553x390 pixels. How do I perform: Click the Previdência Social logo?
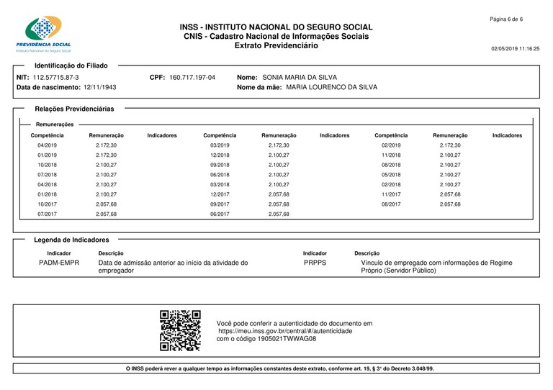click(x=48, y=34)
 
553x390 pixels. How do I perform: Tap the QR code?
click(x=180, y=330)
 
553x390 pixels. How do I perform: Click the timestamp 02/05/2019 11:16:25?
click(x=515, y=48)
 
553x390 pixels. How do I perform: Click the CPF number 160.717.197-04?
click(x=192, y=76)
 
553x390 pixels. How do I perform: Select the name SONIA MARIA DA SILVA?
click(x=300, y=76)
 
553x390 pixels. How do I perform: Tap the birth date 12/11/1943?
click(x=99, y=87)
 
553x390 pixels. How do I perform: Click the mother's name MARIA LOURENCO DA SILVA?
click(x=331, y=87)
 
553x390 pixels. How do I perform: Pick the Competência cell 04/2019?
click(x=48, y=145)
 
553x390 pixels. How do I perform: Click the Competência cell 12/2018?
click(x=220, y=155)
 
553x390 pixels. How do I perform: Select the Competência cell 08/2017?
click(x=391, y=204)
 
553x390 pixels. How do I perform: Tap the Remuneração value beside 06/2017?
click(x=279, y=214)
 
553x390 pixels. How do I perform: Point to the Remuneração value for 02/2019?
click(x=450, y=145)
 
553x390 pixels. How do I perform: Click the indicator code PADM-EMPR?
click(x=58, y=263)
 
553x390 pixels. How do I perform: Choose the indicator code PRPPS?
click(x=315, y=263)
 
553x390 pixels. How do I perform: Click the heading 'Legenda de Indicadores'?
click(x=71, y=240)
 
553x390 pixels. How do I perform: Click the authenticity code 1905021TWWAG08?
click(x=292, y=338)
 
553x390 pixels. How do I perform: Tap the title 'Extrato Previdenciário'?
click(x=276, y=45)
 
